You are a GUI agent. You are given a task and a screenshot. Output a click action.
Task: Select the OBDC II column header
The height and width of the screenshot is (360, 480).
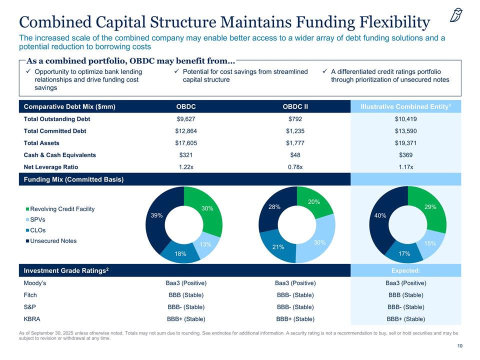(x=295, y=106)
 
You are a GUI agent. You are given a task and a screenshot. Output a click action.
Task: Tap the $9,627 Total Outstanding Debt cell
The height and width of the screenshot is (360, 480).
(x=186, y=119)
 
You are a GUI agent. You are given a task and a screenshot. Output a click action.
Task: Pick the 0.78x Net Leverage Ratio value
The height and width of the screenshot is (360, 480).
(x=295, y=167)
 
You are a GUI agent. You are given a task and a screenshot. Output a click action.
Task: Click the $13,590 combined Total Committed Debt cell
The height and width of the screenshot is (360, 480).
(x=405, y=131)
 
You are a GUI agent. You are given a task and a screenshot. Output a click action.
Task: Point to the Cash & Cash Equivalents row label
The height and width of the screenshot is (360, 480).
(x=60, y=155)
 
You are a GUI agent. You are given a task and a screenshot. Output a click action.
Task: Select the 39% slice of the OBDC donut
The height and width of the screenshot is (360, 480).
(x=155, y=215)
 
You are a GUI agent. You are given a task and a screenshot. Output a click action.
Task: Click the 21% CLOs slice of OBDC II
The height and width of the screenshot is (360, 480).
(x=278, y=246)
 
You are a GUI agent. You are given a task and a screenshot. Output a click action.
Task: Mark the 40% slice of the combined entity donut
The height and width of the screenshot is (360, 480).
(x=379, y=216)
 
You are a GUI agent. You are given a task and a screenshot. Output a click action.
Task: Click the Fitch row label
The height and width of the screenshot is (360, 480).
(x=30, y=294)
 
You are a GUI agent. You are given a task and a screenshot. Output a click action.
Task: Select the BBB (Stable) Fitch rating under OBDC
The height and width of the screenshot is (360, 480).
(x=186, y=294)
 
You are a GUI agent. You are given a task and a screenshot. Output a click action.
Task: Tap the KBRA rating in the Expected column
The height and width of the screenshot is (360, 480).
(x=405, y=318)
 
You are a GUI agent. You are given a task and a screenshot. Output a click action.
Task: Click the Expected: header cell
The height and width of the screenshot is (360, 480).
(x=405, y=270)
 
